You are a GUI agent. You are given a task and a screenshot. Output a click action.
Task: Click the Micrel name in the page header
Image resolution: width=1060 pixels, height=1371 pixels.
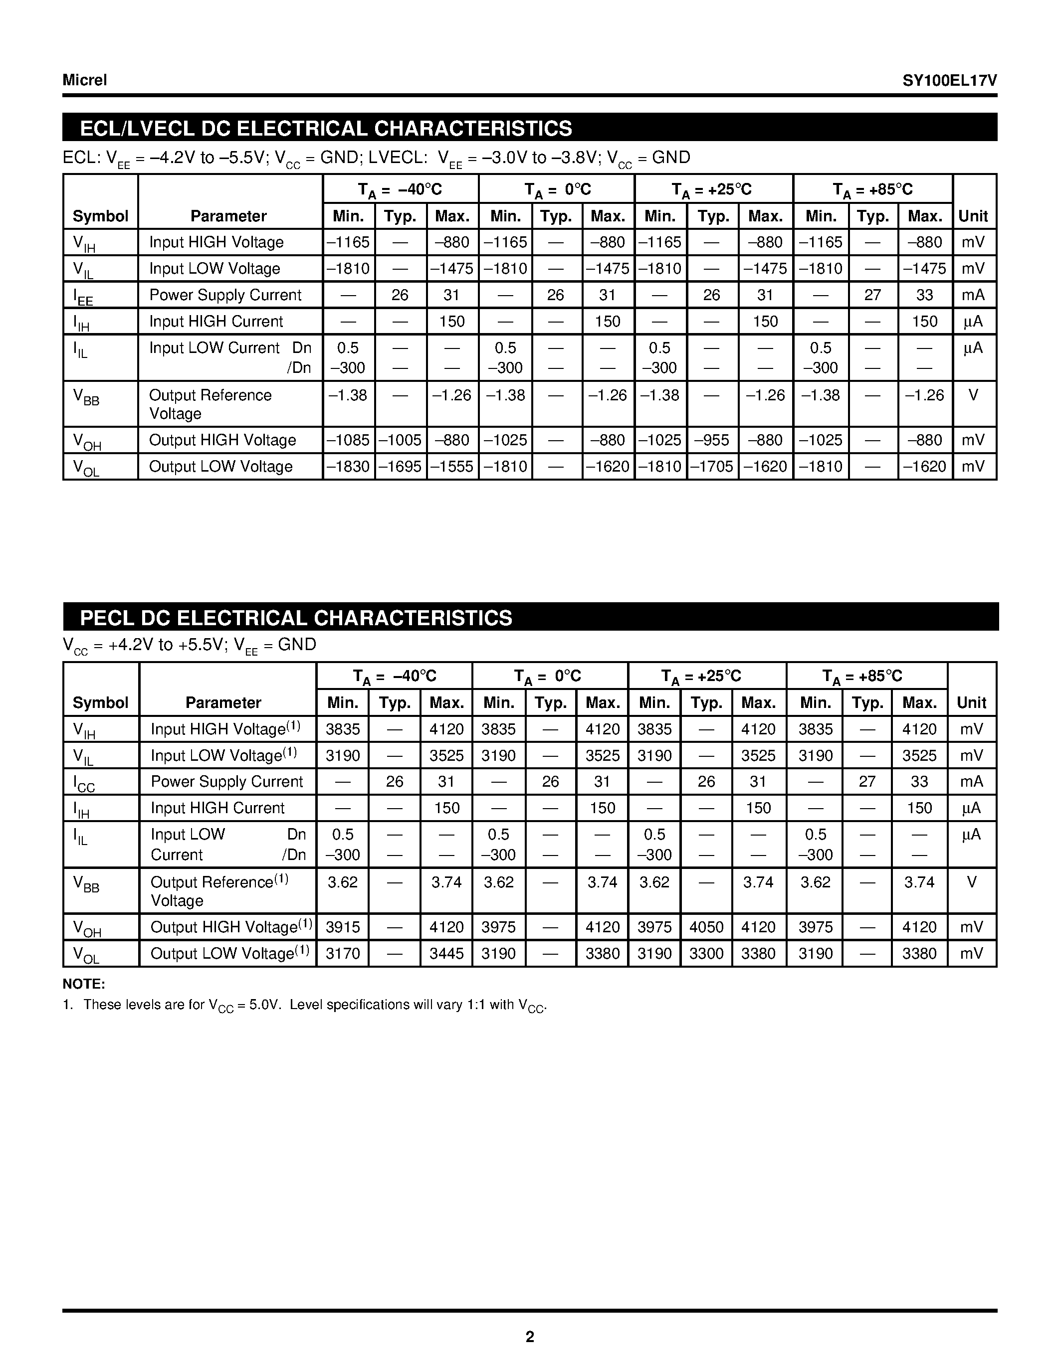point(85,80)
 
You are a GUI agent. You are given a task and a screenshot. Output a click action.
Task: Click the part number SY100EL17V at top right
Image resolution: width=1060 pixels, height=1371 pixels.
point(949,80)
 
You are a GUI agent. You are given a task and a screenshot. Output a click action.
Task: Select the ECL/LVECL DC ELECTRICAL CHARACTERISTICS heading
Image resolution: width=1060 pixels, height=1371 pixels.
point(326,128)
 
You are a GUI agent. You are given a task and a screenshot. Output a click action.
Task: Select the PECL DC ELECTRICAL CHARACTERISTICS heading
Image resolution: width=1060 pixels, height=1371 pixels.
point(296,618)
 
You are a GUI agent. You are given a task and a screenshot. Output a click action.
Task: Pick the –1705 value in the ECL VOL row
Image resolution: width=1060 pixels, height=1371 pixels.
point(712,467)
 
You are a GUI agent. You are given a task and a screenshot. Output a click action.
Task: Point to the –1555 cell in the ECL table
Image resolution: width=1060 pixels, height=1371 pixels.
point(452,467)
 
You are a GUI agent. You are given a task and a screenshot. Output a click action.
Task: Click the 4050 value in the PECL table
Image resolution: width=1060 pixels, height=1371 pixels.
point(706,927)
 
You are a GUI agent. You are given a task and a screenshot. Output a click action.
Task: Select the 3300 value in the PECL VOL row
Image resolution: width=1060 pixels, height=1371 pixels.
point(706,954)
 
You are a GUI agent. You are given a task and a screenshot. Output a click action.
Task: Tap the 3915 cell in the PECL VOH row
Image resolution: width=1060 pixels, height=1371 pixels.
point(343,927)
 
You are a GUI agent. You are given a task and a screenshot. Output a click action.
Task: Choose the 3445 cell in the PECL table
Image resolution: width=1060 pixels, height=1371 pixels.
point(446,954)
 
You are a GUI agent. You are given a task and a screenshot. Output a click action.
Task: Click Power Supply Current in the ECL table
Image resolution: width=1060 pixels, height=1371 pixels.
point(225,295)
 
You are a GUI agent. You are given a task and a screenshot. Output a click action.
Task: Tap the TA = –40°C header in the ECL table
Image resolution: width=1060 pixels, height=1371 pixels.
point(400,189)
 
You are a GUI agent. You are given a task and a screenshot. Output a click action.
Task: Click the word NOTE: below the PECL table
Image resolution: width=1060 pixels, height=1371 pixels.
point(83,984)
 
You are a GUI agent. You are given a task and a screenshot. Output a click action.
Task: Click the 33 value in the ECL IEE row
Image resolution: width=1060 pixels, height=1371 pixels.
point(924,295)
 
